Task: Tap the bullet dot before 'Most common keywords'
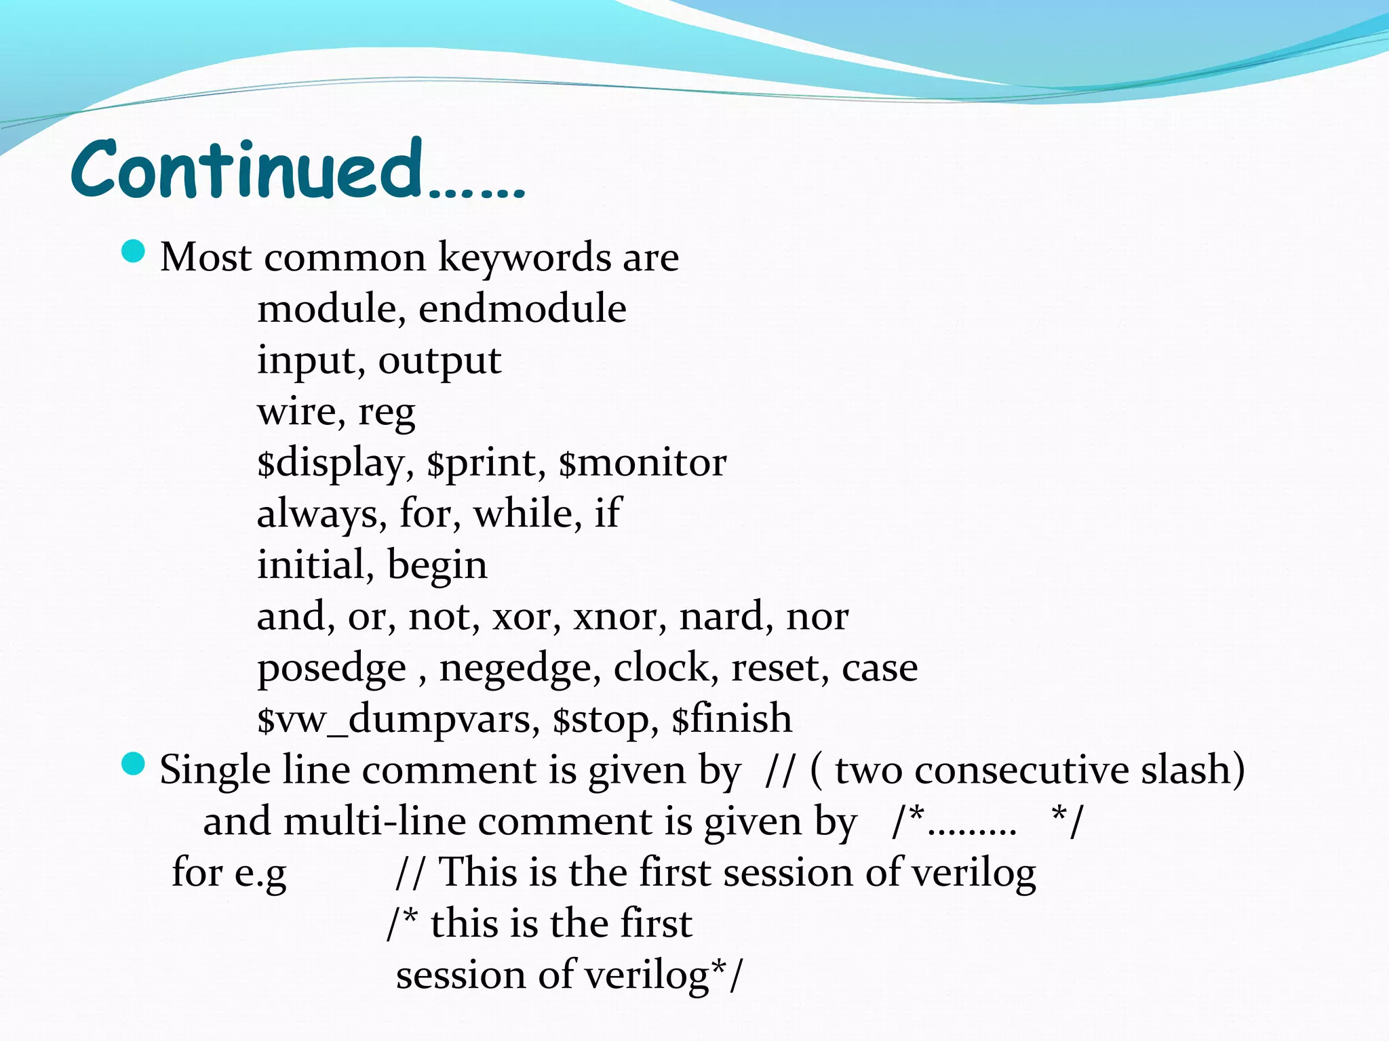pos(134,252)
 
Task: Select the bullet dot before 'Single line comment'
pos(134,764)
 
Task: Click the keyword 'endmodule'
pos(522,309)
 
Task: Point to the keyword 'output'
pos(439,361)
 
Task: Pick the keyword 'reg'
pos(387,412)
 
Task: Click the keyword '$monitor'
pos(642,463)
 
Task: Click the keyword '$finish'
pos(732,718)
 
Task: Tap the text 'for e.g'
pos(229,873)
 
